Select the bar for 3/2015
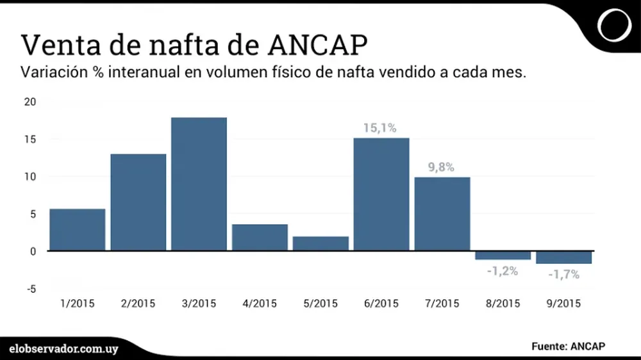(x=199, y=184)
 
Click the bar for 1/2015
(x=77, y=229)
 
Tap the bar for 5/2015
(x=320, y=243)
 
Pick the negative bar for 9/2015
(x=564, y=258)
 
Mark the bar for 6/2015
(x=381, y=193)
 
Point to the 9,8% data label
(x=441, y=168)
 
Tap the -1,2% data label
(x=502, y=270)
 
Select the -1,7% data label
(x=563, y=274)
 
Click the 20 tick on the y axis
(x=31, y=102)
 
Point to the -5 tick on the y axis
(x=31, y=289)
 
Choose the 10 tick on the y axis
(x=31, y=176)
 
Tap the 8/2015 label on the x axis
(x=503, y=304)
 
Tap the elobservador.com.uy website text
(x=64, y=347)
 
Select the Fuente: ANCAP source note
(x=568, y=346)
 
